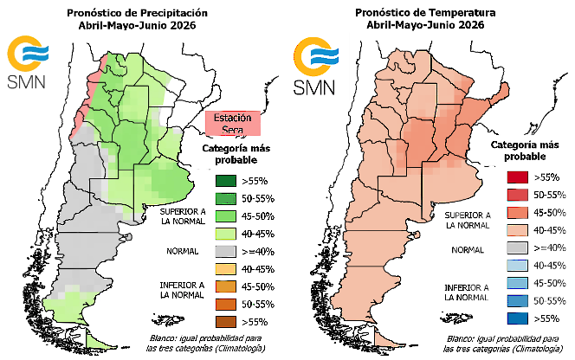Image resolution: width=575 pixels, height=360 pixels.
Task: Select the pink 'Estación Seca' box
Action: coord(232,123)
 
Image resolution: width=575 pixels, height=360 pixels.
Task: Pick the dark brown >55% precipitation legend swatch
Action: coord(226,322)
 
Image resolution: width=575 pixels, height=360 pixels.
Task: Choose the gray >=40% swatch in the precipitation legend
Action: coord(226,251)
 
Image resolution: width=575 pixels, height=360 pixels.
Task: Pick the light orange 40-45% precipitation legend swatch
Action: coord(226,268)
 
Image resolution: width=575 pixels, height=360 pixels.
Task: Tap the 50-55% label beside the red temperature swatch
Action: coord(546,195)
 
